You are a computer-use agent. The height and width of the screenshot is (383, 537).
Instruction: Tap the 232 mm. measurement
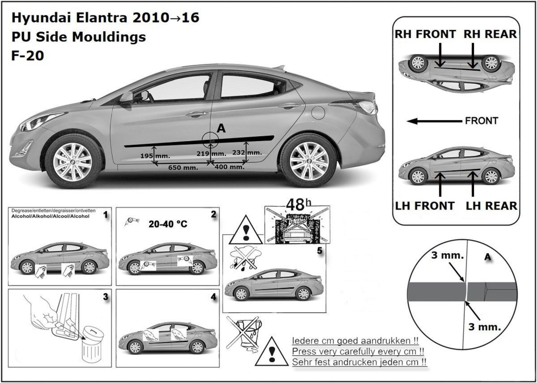(x=248, y=153)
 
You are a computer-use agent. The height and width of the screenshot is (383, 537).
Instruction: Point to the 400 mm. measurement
(x=230, y=167)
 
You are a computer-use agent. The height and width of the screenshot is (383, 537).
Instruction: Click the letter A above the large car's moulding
(x=221, y=129)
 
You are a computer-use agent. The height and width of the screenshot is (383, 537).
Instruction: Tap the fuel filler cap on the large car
(x=318, y=112)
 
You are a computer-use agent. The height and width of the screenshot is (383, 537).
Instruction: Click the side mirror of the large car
(x=127, y=97)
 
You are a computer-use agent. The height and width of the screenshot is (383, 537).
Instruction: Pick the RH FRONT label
(x=425, y=34)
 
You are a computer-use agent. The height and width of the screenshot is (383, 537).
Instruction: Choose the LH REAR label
(x=491, y=206)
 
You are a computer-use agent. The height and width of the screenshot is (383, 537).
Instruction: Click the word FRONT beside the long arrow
(x=482, y=121)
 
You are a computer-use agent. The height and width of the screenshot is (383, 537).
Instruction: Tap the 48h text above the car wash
(x=297, y=205)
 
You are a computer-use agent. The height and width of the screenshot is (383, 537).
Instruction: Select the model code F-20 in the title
(x=27, y=56)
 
